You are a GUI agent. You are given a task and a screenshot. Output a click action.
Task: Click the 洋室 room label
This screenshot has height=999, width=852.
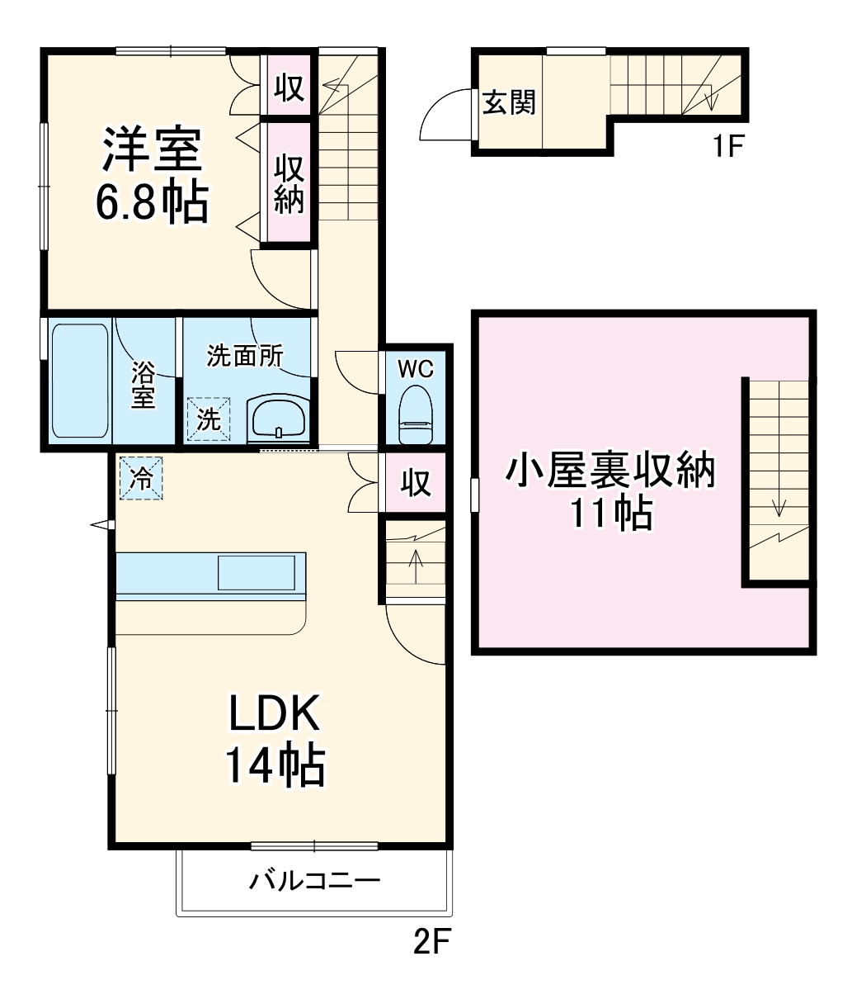coord(152,149)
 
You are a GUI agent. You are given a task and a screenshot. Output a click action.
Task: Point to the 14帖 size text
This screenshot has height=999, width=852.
coord(275,765)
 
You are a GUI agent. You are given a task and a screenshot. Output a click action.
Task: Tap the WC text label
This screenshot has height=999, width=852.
coord(416,369)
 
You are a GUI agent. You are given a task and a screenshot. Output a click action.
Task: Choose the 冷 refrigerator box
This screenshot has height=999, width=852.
coord(142,479)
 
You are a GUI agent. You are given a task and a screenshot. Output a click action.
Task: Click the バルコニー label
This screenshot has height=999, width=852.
coord(315,881)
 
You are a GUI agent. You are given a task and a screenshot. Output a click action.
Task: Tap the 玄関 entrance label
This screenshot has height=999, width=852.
coord(509,102)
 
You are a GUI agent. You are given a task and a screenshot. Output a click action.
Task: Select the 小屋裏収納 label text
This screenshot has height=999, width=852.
coord(610,472)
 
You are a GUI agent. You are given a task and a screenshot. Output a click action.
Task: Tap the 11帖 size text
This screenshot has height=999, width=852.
coord(610,514)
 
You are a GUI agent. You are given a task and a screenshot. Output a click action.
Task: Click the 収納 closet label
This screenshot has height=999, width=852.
coord(289,183)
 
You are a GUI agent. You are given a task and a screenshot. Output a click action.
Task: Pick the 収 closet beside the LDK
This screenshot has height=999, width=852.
coord(416,483)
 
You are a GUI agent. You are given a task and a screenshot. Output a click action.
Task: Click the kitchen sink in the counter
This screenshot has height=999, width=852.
coord(256,572)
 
